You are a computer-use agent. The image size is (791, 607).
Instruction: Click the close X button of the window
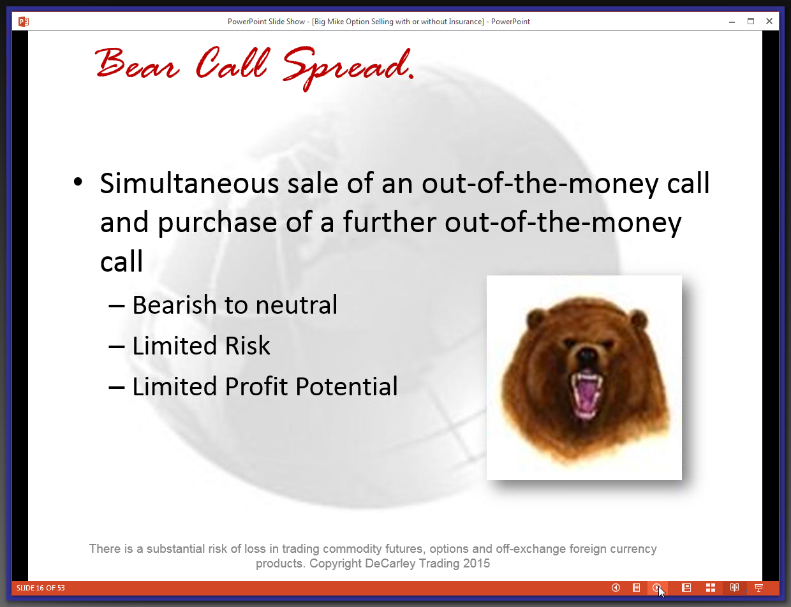[x=769, y=22]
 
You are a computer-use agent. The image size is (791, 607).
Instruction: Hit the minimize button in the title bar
[x=732, y=22]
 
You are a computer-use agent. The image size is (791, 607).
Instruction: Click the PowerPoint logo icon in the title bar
[x=24, y=22]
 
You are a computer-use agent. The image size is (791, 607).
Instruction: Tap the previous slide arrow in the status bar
[x=616, y=588]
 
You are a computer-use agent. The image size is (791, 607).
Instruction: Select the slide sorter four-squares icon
[x=710, y=588]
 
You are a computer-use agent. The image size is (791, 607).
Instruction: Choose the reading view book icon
[x=734, y=588]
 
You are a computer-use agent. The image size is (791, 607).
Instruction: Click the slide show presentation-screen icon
[x=758, y=588]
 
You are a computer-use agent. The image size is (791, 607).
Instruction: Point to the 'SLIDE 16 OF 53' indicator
[x=41, y=588]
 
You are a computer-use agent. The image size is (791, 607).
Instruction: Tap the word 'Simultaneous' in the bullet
[x=189, y=183]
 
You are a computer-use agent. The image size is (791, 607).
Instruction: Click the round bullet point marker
[x=78, y=182]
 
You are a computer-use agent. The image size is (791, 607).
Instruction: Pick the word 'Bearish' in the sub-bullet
[x=174, y=305]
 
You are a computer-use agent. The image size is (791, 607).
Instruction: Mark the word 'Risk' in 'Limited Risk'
[x=248, y=345]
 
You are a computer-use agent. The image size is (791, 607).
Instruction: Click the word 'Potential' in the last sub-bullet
[x=346, y=386]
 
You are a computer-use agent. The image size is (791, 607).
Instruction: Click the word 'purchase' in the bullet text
[x=218, y=223]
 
